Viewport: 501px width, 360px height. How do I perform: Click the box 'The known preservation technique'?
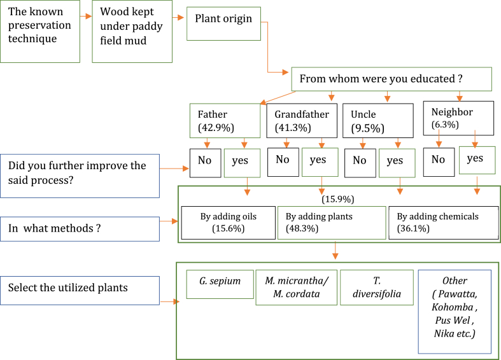40,31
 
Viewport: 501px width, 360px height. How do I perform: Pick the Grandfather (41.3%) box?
302,120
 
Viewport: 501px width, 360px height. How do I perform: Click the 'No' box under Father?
205,161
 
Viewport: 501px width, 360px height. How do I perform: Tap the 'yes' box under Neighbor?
477,159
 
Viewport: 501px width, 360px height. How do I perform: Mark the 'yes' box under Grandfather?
319,162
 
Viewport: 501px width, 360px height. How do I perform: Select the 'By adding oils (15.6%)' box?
229,223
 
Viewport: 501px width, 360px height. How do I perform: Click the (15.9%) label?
337,199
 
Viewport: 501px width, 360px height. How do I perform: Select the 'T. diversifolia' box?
376,287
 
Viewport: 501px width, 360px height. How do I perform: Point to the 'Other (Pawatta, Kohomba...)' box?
455,311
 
